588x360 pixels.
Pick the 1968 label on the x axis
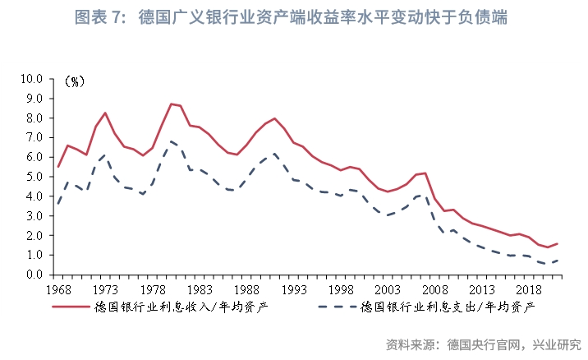click(58, 290)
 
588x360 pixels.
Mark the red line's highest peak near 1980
click(171, 104)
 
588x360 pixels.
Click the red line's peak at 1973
click(105, 113)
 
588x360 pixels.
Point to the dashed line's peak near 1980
click(171, 141)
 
